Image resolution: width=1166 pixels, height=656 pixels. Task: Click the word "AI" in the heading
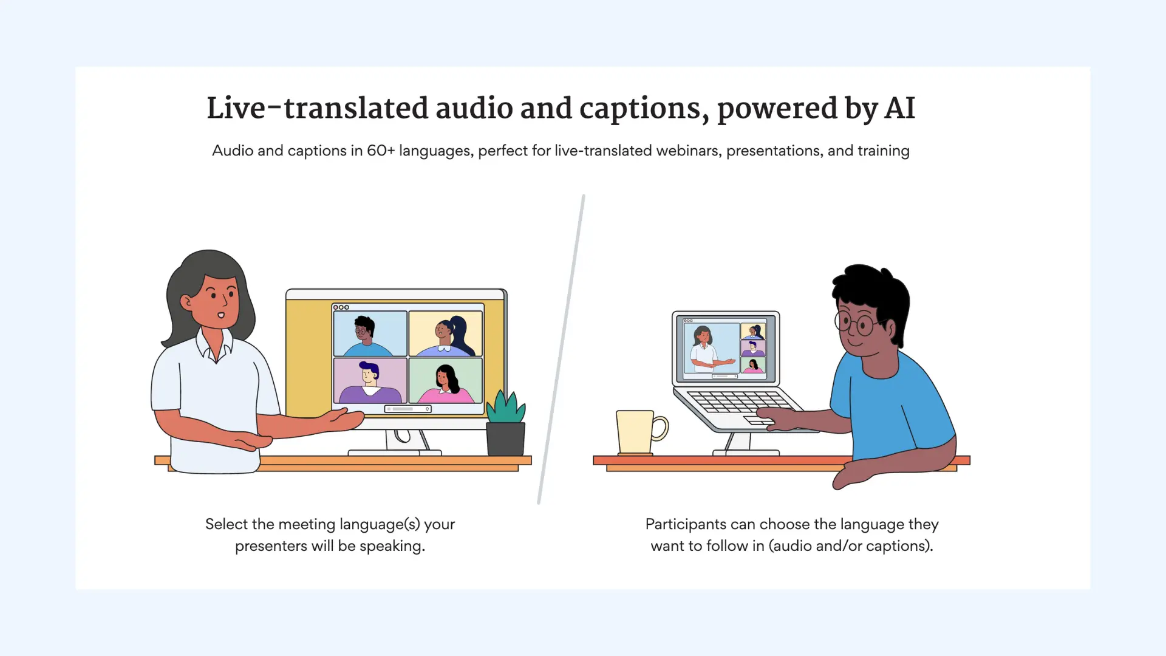[899, 109]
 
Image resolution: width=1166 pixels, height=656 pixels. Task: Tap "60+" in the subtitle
[381, 151]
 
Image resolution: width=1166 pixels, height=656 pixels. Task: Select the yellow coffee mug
[636, 432]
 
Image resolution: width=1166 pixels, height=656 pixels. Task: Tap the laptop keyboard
[740, 402]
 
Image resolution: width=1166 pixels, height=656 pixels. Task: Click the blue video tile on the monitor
[370, 333]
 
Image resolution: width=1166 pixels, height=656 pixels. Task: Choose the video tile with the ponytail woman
[446, 333]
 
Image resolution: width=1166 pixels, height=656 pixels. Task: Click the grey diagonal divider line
[561, 349]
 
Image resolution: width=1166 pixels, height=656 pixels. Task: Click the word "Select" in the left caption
[226, 524]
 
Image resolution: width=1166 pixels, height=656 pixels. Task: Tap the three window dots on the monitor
[341, 307]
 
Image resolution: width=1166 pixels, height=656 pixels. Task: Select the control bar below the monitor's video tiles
[408, 409]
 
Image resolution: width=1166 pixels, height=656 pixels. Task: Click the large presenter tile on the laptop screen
[711, 348]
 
